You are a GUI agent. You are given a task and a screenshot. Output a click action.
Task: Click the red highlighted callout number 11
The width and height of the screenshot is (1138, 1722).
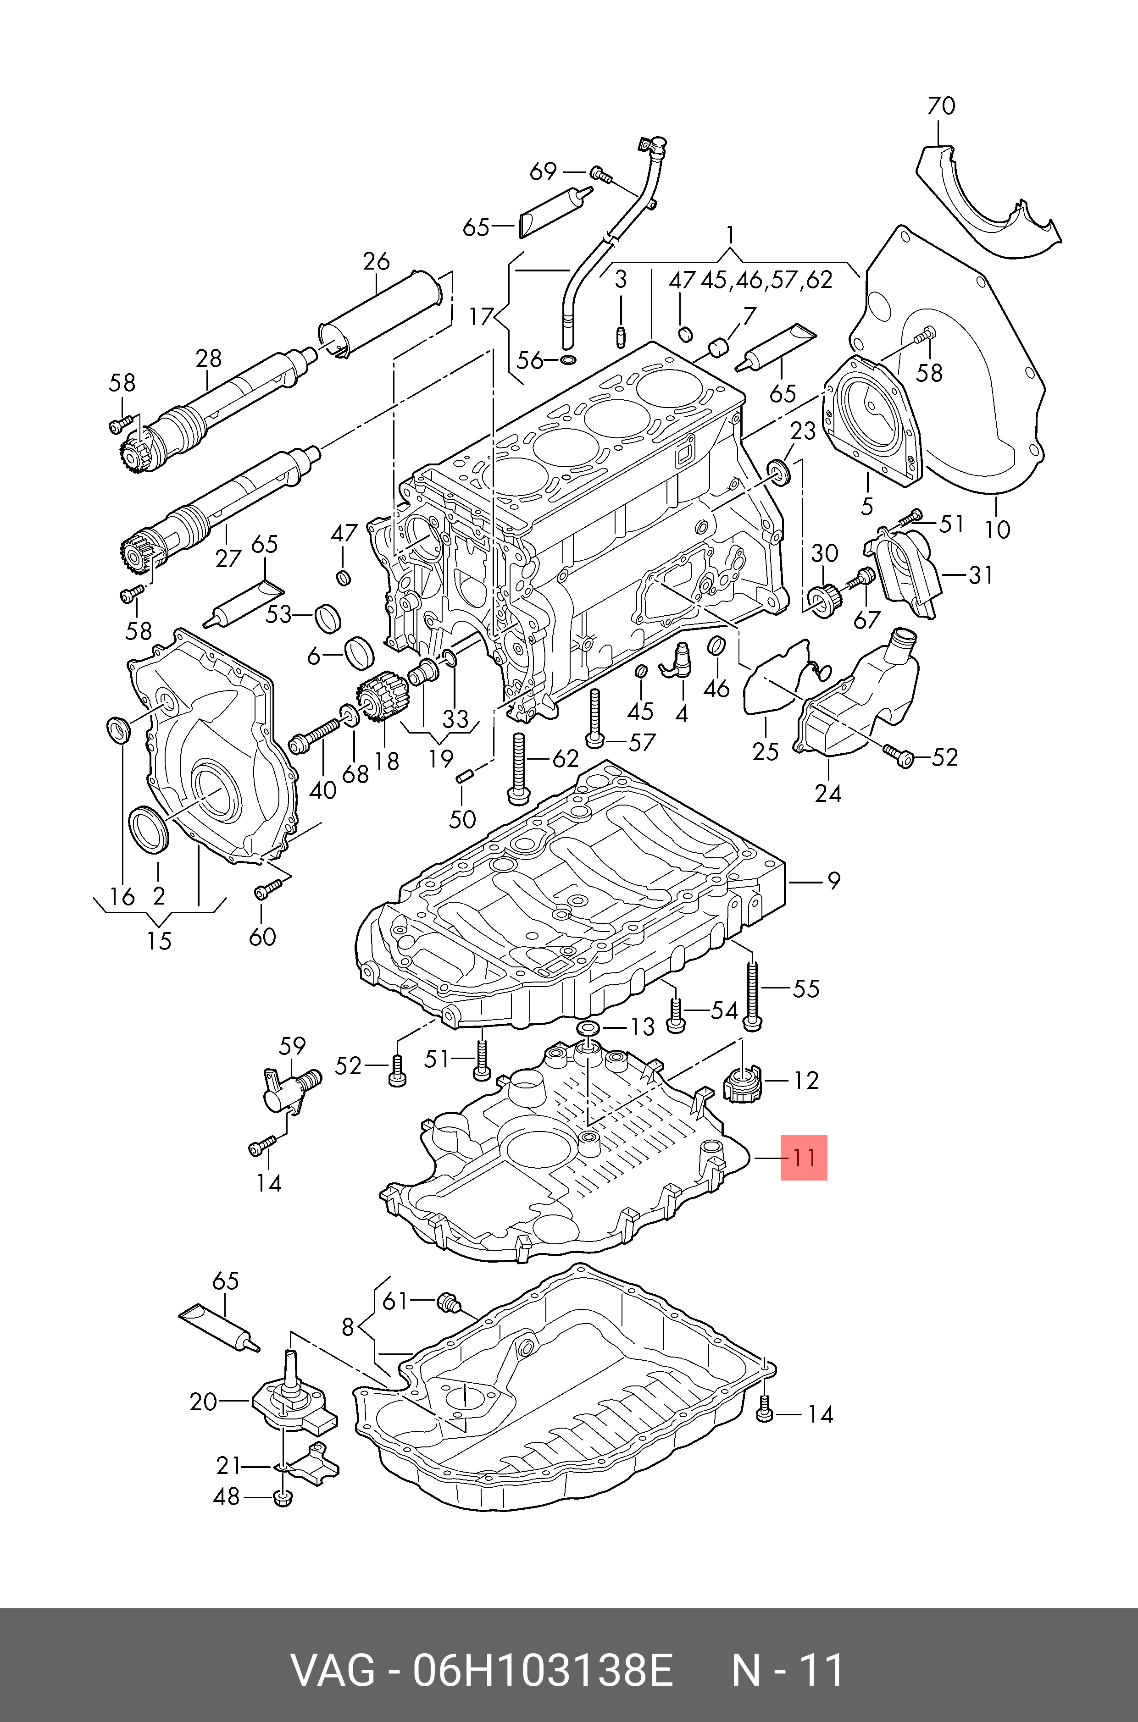pyautogui.click(x=804, y=1157)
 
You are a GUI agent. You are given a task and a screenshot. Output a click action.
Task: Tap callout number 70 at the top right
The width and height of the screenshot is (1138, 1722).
pyautogui.click(x=941, y=107)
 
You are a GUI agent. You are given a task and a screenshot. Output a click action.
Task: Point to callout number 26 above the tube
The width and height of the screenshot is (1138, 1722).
pyautogui.click(x=376, y=261)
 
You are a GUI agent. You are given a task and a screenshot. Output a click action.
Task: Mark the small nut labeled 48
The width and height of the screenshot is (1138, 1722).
pyautogui.click(x=283, y=1497)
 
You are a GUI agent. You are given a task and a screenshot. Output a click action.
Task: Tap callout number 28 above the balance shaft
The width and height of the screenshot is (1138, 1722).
pyautogui.click(x=208, y=359)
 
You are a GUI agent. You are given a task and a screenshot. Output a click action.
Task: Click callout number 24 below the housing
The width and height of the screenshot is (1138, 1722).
pyautogui.click(x=828, y=794)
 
